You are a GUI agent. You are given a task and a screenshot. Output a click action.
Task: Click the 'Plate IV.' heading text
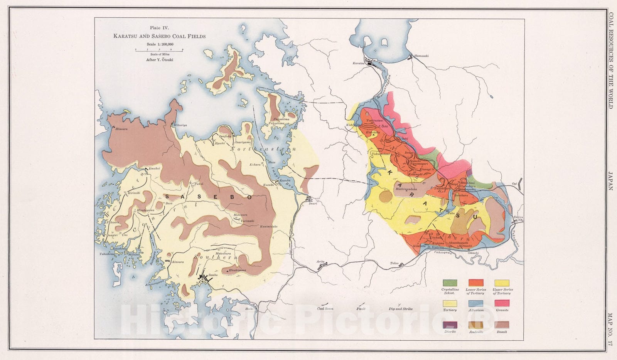(x=159, y=28)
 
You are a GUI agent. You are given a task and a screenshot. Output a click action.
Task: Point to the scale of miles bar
(x=159, y=50)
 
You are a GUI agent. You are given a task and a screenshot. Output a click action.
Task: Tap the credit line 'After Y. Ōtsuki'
(x=159, y=60)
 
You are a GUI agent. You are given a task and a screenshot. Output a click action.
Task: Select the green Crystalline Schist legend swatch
(x=450, y=283)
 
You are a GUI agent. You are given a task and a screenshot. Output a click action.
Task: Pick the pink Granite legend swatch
(x=502, y=304)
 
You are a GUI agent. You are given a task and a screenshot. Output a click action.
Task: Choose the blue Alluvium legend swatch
(x=476, y=304)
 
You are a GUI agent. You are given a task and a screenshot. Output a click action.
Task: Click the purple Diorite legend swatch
(x=450, y=325)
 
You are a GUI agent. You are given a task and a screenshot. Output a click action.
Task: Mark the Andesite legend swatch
(x=476, y=325)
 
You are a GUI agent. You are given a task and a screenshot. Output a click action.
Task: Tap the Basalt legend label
(x=502, y=332)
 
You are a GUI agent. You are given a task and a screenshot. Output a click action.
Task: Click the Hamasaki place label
(x=421, y=56)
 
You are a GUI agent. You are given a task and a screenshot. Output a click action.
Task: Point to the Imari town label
(x=312, y=204)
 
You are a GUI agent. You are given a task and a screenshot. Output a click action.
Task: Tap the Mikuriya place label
(x=180, y=125)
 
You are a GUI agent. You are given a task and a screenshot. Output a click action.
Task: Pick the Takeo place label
(x=394, y=263)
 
